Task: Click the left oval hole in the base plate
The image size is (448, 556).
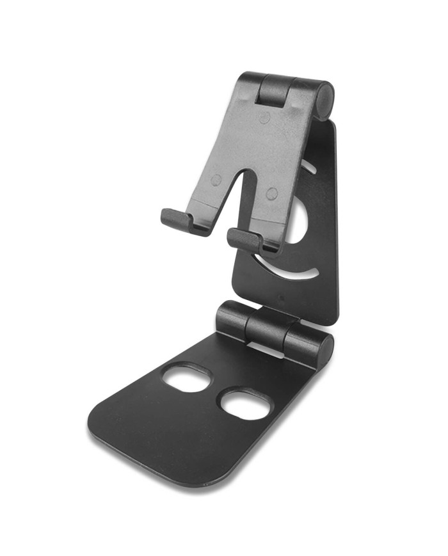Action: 187,378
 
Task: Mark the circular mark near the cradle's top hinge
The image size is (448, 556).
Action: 264,118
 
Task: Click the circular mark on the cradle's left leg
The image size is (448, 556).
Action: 216,180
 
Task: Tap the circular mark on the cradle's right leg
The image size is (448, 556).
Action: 272,193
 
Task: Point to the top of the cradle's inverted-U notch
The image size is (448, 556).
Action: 241,175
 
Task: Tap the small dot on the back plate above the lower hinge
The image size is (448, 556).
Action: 280,296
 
